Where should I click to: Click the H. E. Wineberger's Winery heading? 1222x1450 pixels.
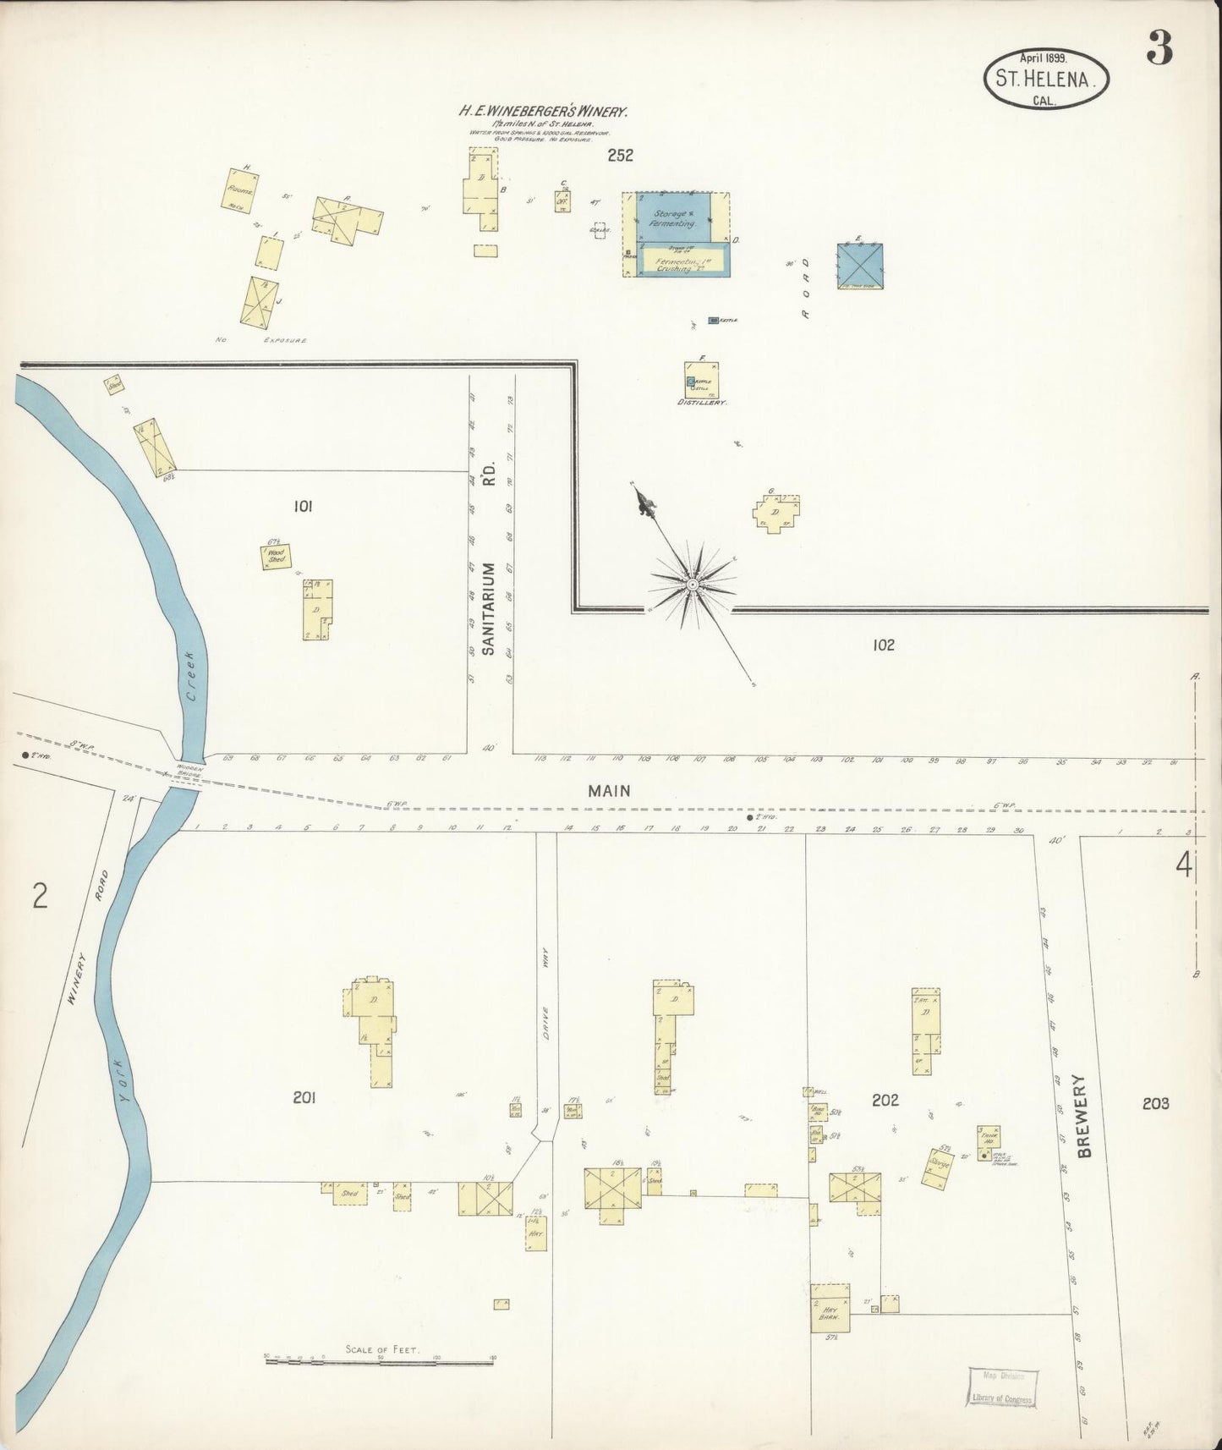(542, 110)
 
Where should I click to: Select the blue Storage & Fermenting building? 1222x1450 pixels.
(673, 219)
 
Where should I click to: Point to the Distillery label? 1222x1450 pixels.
(702, 404)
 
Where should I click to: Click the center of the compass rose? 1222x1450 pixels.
(693, 585)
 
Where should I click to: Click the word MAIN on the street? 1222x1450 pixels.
(610, 790)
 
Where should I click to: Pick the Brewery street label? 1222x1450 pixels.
(1086, 1116)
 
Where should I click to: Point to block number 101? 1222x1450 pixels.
(302, 507)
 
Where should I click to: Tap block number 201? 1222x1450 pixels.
(304, 1098)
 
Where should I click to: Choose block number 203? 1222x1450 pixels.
(1154, 1103)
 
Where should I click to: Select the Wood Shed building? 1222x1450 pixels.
(277, 556)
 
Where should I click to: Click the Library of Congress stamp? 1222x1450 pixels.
(1003, 1388)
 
